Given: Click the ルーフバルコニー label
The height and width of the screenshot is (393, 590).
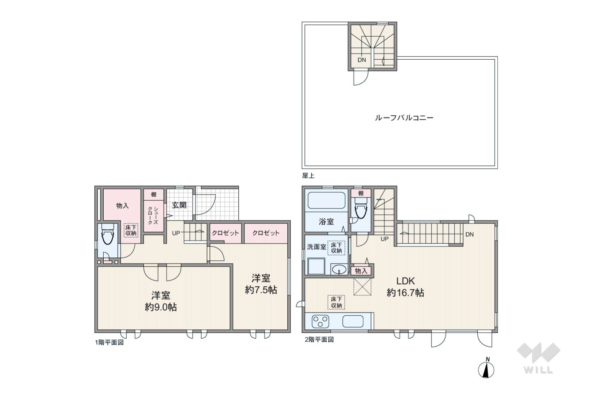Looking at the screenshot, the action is (x=404, y=118).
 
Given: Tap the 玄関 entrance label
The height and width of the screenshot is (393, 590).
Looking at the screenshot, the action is (x=179, y=205).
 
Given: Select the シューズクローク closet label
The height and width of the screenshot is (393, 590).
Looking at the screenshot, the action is (x=153, y=215).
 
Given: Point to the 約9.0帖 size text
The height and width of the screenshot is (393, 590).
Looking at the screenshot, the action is (x=161, y=307).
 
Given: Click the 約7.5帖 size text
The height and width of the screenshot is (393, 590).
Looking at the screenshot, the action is (x=261, y=289).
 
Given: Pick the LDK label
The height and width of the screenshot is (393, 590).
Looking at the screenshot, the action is (x=405, y=281).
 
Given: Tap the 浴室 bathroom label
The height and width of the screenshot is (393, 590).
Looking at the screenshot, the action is (x=326, y=222).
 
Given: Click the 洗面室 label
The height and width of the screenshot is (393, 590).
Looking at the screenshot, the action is (x=316, y=247).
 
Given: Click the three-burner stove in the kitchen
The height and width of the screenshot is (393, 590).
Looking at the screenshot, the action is (x=320, y=321).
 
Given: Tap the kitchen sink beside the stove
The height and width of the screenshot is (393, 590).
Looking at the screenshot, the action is (x=353, y=321).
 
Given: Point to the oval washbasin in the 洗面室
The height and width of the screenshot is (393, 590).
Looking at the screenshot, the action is (x=339, y=269).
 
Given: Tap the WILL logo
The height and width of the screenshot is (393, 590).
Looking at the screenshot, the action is (x=538, y=358).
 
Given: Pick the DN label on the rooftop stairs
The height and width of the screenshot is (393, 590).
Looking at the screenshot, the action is (x=362, y=60).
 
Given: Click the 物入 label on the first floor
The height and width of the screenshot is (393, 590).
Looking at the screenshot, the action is (x=122, y=205).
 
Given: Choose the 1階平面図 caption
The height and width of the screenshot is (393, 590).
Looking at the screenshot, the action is (x=109, y=342).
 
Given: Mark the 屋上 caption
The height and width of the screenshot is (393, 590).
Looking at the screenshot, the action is (x=308, y=175).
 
